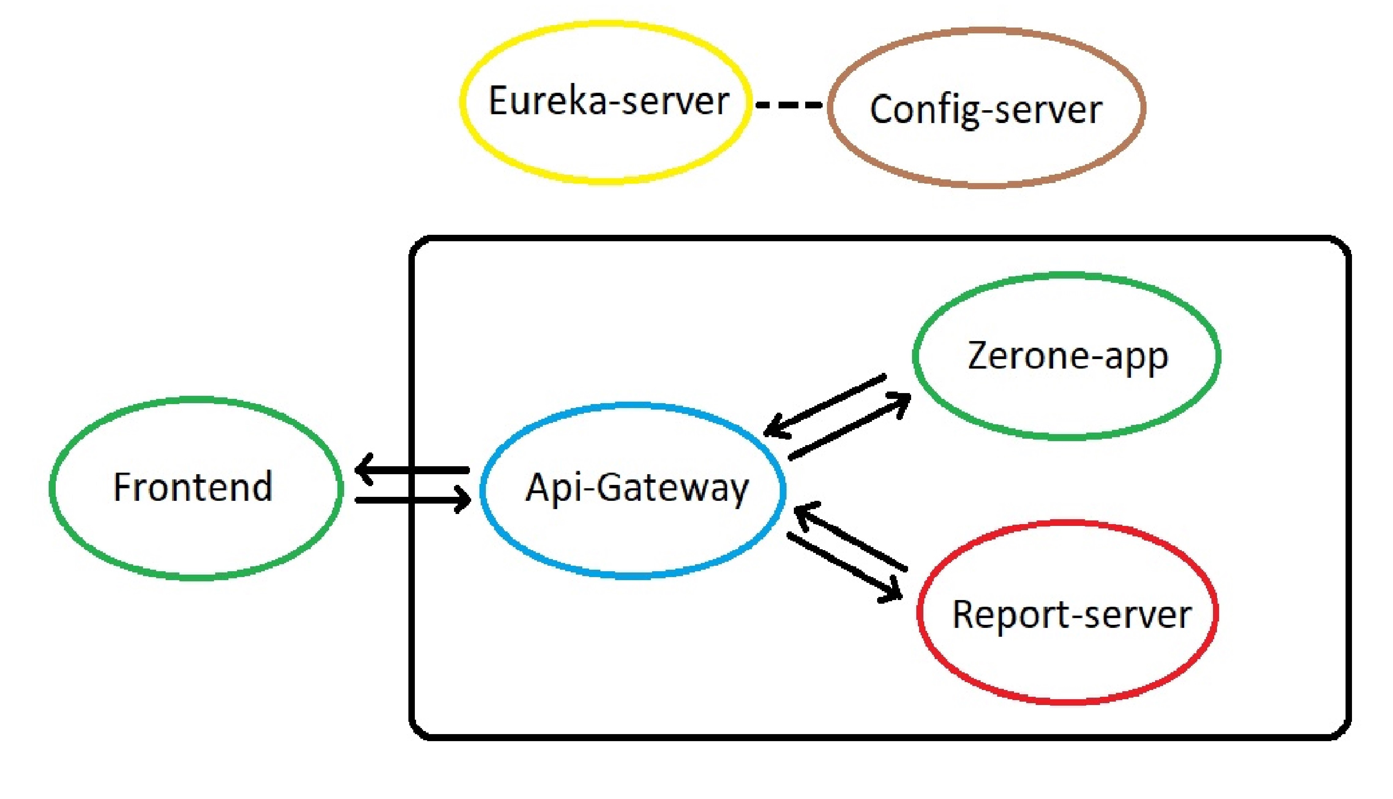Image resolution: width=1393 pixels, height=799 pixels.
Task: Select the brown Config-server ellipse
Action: click(x=986, y=108)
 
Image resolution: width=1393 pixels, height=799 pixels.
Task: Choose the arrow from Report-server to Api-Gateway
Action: click(x=850, y=538)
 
